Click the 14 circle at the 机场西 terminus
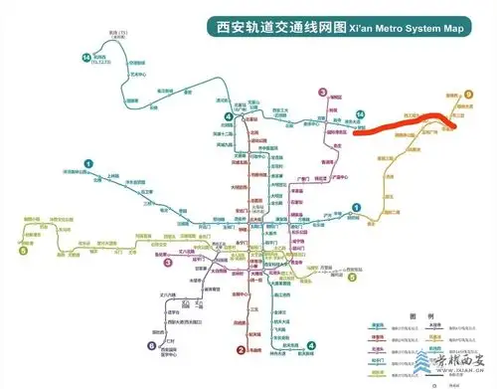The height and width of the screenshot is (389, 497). pyautogui.click(x=87, y=58)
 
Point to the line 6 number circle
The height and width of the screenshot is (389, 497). pyautogui.click(x=152, y=345)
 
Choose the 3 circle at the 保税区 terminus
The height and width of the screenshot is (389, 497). pyautogui.click(x=322, y=93)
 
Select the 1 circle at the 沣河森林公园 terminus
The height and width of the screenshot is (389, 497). pyautogui.click(x=88, y=163)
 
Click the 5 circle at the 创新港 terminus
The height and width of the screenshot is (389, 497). pyautogui.click(x=22, y=251)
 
